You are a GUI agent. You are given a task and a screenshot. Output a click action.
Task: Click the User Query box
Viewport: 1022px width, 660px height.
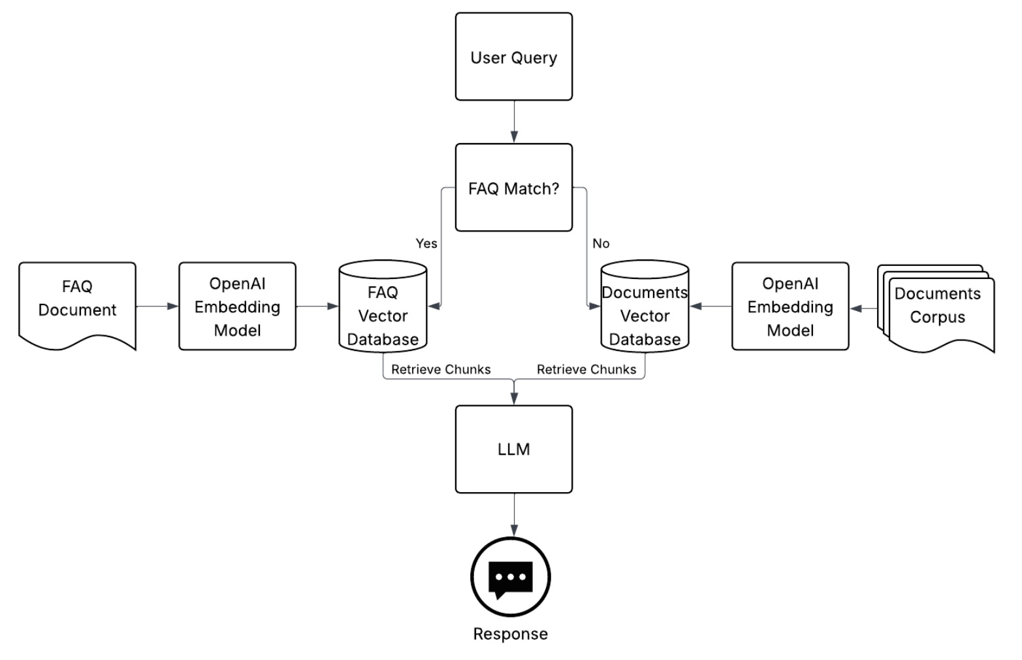(x=513, y=57)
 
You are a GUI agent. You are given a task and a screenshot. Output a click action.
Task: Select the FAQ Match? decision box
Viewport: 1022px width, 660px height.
(x=513, y=188)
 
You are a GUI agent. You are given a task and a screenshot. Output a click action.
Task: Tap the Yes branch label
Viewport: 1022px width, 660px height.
(x=426, y=243)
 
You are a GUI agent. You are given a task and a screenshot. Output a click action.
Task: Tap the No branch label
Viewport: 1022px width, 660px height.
(x=601, y=243)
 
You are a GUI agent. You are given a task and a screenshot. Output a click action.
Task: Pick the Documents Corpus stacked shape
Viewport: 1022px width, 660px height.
(x=937, y=306)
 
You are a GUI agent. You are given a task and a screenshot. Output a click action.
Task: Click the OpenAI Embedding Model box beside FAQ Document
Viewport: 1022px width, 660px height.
(x=237, y=306)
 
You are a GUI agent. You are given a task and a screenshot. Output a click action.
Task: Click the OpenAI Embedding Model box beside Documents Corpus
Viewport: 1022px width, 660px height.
(x=790, y=306)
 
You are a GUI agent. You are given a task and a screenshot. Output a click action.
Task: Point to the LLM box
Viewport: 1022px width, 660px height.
(x=513, y=449)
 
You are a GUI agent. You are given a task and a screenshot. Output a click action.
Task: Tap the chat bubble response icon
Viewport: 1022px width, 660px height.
(x=511, y=578)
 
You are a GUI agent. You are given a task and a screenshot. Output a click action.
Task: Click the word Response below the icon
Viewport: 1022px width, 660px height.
(x=511, y=634)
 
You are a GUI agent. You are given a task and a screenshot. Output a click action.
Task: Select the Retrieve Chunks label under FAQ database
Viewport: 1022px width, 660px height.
(x=441, y=369)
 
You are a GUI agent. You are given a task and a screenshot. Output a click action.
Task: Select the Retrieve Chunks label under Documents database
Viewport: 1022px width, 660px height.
(x=586, y=369)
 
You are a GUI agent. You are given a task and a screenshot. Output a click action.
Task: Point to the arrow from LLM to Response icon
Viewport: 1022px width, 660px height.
(x=514, y=515)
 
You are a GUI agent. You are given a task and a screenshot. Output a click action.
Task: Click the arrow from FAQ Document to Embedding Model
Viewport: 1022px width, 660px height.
(x=157, y=306)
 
